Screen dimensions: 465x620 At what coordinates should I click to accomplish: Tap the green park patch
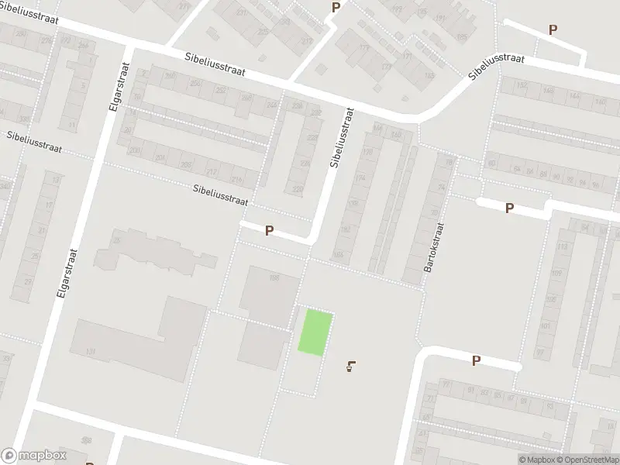tap(316, 332)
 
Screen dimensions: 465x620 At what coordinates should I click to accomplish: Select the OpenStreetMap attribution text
tap(587, 460)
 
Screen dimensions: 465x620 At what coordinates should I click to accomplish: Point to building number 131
tap(91, 352)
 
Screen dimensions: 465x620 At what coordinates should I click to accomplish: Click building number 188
tap(274, 278)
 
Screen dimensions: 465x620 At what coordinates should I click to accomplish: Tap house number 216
tap(236, 181)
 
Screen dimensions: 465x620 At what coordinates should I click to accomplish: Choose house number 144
tap(573, 95)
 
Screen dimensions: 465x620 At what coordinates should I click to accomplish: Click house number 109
tap(556, 273)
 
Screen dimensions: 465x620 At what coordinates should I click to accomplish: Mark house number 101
tap(545, 326)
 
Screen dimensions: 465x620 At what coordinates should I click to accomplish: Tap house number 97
tap(540, 352)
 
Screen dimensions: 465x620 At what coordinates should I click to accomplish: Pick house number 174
tap(360, 178)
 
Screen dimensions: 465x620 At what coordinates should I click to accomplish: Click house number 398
tap(86, 440)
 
